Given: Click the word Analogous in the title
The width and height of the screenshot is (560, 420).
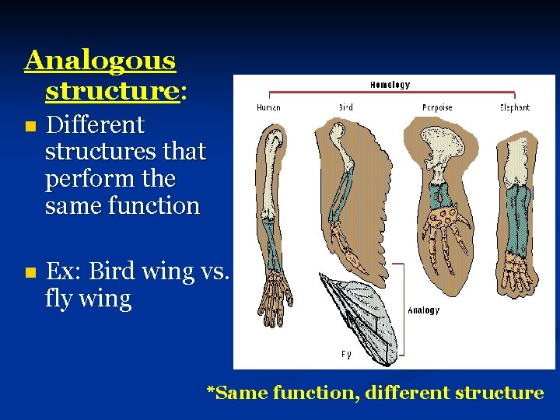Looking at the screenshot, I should pos(100,60).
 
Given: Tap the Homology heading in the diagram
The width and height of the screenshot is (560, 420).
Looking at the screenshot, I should pos(390,85).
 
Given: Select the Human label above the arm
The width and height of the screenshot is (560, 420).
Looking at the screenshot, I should pos(268,107).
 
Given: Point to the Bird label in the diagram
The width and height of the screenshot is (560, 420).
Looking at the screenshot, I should pos(345,107).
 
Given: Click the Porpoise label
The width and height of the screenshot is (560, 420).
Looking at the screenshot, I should pos(438,107).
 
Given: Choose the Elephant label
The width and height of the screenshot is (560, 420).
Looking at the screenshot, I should pos(514,107).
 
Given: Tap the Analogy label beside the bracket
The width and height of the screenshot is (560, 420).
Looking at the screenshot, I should pos(423,310).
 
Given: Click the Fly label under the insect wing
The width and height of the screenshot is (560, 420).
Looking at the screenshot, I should pos(345,354).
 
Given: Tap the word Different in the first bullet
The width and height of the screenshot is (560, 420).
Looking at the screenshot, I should pos(95,124).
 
